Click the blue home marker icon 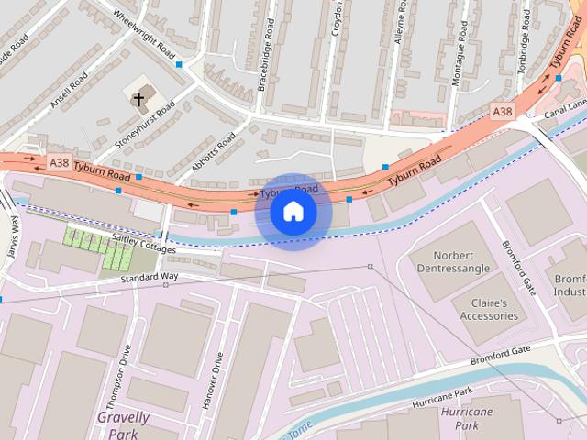pos(293,212)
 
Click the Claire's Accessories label pos(489,310)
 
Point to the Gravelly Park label pos(123,423)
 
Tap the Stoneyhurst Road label pos(145,126)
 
